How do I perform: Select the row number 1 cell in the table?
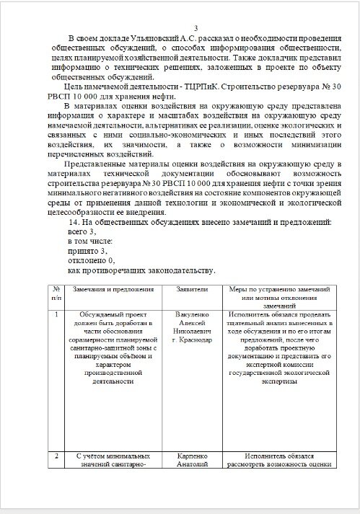click(x=56, y=314)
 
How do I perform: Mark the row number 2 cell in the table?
click(x=56, y=456)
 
